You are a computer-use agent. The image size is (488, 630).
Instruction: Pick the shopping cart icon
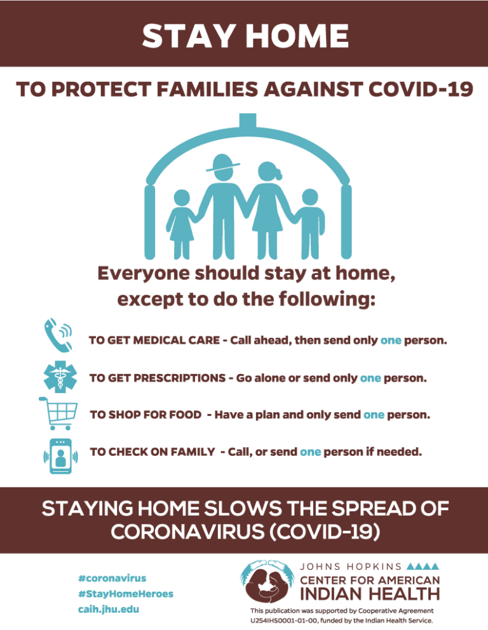[x=57, y=413]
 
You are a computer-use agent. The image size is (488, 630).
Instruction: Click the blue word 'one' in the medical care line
[x=390, y=341]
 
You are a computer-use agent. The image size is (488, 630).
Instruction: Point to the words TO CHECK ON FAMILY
[x=152, y=452]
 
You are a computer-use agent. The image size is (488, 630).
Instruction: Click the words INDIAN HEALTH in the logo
[x=369, y=594]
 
